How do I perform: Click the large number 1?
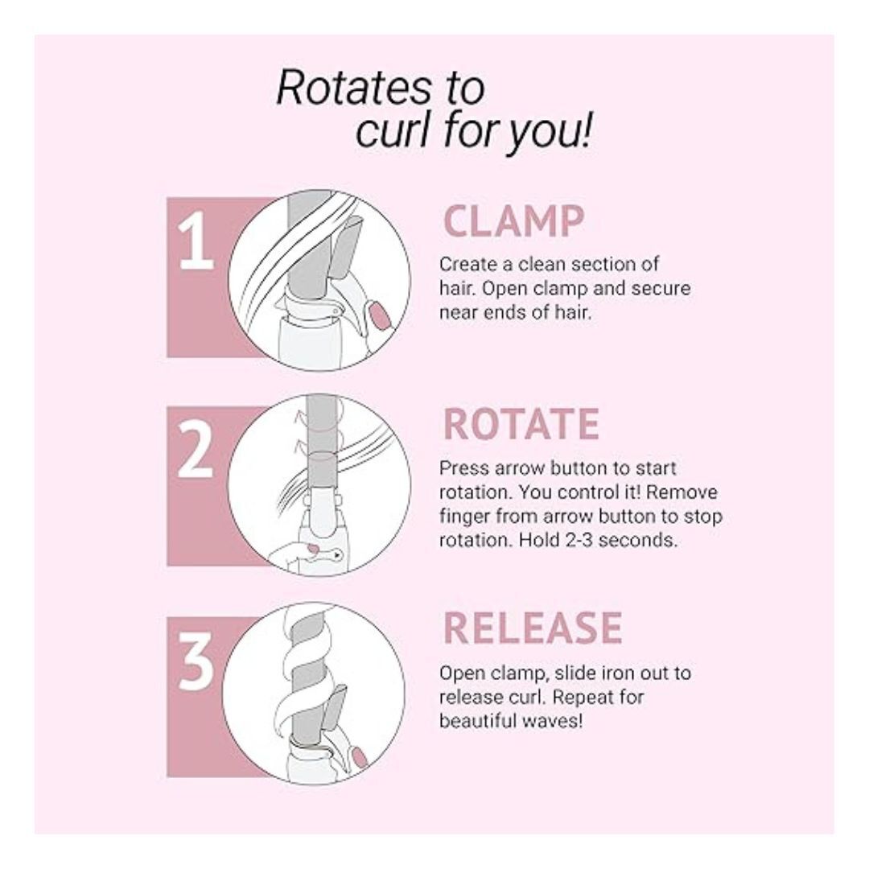(x=196, y=241)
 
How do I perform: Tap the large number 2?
(x=195, y=449)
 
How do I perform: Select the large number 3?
(x=196, y=661)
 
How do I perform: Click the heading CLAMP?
(x=513, y=221)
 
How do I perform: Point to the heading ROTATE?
(x=521, y=424)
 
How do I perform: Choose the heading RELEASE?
(x=533, y=628)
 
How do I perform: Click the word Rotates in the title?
(x=353, y=88)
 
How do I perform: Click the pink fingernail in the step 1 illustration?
(x=379, y=315)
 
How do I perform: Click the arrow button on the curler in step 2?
(x=336, y=554)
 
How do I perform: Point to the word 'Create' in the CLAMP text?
(x=467, y=265)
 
